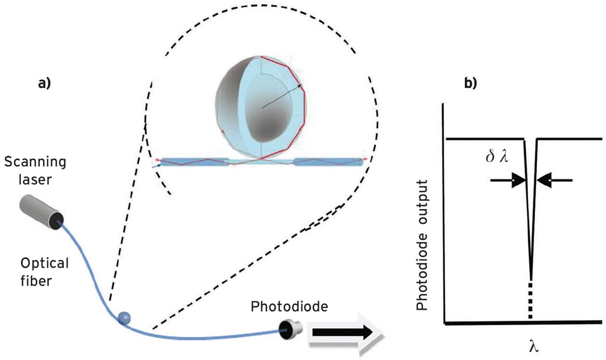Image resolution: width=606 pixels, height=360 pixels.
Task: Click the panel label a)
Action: pos(44,84)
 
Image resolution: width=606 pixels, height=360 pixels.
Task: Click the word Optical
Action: pos(46,263)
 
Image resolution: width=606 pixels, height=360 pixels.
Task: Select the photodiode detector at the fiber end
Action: pos(291,330)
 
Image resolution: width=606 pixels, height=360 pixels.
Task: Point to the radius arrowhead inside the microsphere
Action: pos(300,86)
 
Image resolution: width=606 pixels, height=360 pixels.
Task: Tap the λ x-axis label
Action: pos(530,345)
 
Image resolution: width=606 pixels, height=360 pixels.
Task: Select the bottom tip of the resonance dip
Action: pos(531,278)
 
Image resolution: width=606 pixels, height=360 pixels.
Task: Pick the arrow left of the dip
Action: pos(506,179)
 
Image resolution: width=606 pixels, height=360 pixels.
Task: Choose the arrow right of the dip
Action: pos(554,179)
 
